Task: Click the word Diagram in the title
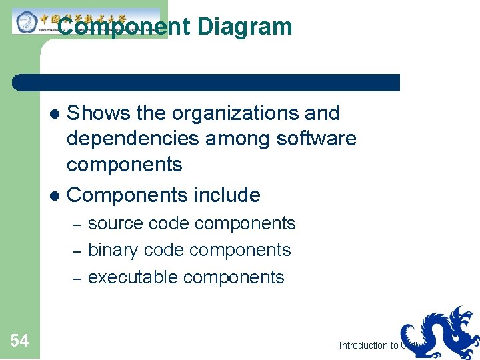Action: pyautogui.click(x=245, y=27)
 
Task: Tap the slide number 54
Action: pyautogui.click(x=19, y=341)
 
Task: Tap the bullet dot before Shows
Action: pyautogui.click(x=56, y=114)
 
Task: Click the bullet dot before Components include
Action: pyautogui.click(x=56, y=196)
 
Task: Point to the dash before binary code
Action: pyautogui.click(x=76, y=251)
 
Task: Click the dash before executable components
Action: pyautogui.click(x=76, y=278)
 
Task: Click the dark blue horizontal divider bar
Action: pyautogui.click(x=207, y=83)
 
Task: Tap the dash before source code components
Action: pyautogui.click(x=76, y=224)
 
